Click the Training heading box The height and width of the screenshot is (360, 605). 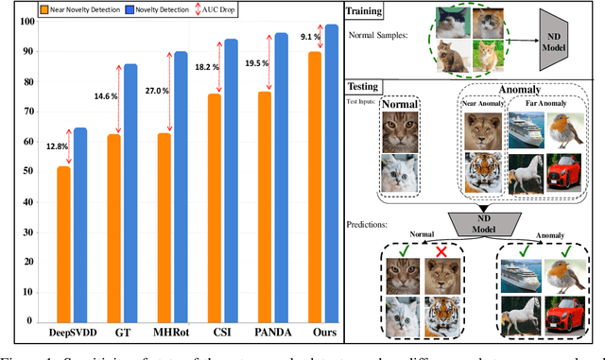coord(372,11)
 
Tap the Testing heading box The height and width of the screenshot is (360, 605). coord(372,85)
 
